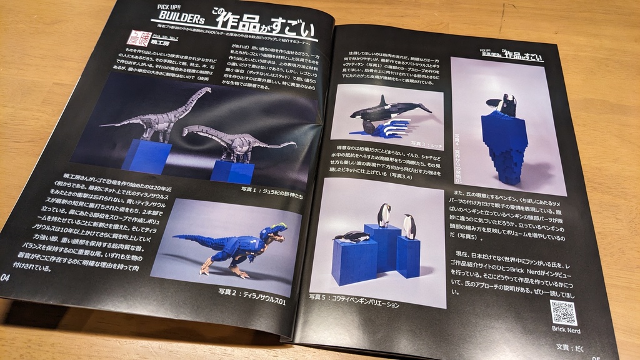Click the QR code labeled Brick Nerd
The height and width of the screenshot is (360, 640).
pyautogui.click(x=563, y=312)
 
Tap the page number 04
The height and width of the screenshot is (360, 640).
pyautogui.click(x=6, y=277)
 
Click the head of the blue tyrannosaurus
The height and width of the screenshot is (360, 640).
pyautogui.click(x=275, y=233)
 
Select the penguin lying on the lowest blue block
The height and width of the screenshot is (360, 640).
pyautogui.click(x=352, y=236)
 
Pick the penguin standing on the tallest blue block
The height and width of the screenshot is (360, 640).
pyautogui.click(x=384, y=214)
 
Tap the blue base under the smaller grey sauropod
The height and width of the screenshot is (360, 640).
pyautogui.click(x=233, y=170)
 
